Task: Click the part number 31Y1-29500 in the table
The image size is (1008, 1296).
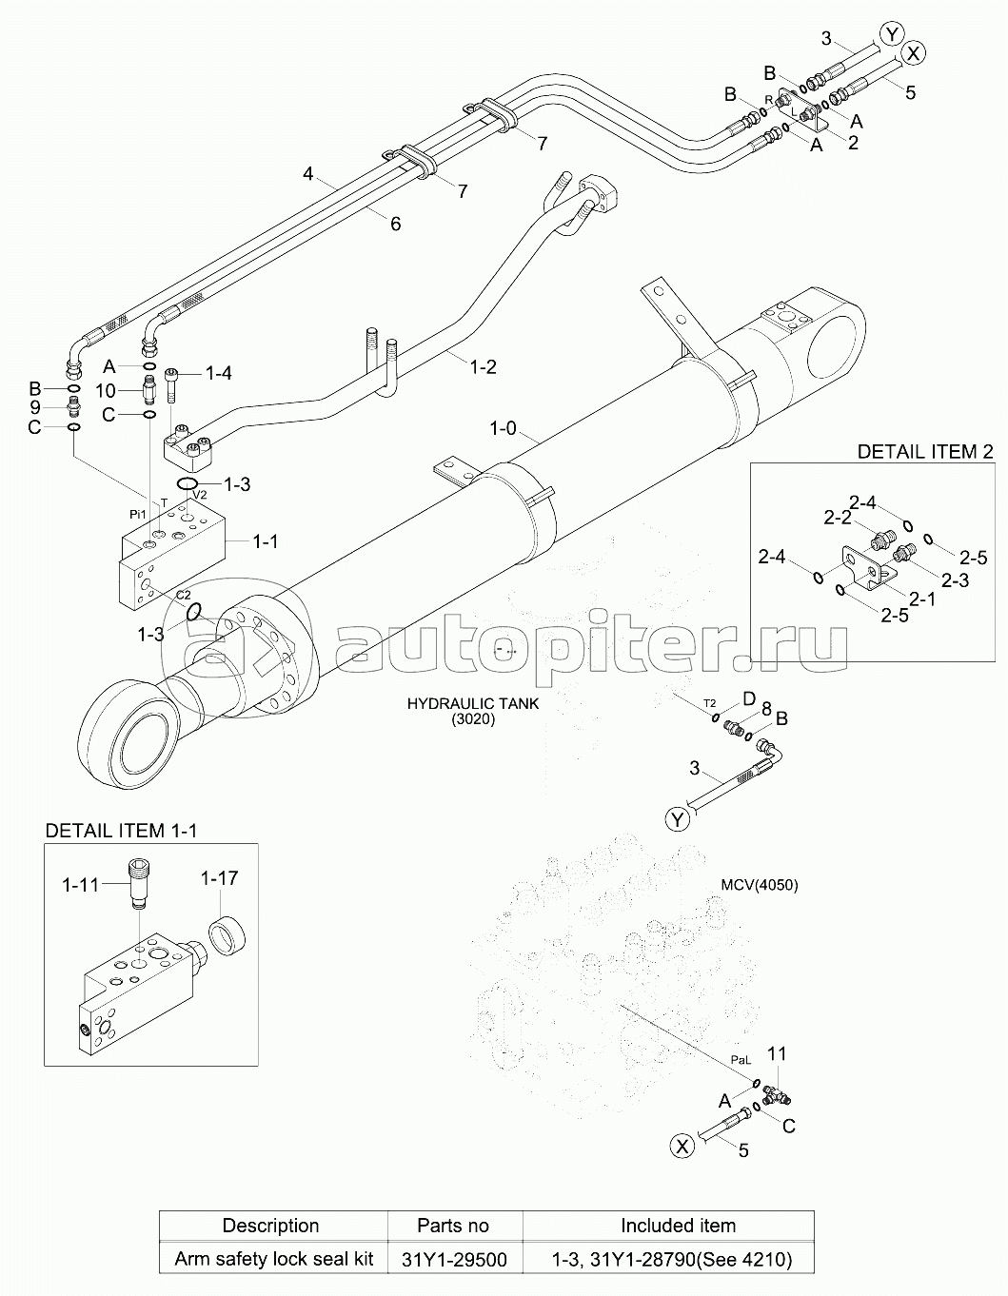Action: tap(453, 1259)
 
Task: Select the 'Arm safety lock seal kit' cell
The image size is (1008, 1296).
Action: tap(273, 1259)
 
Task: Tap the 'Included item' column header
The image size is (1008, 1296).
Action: tap(678, 1225)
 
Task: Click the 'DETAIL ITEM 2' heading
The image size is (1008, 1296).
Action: tap(925, 451)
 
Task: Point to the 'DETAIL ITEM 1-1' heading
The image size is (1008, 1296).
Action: tap(121, 831)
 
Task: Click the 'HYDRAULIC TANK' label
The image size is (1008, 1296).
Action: tap(472, 704)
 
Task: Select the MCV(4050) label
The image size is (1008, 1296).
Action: tap(759, 885)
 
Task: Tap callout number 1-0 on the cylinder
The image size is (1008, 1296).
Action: tap(503, 428)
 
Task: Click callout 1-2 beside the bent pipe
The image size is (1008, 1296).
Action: tap(484, 366)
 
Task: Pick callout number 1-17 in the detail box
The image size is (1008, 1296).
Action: tap(218, 877)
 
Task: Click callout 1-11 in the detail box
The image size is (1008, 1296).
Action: tap(80, 885)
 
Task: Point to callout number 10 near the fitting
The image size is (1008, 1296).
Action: tap(105, 391)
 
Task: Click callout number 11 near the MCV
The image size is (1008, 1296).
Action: tap(777, 1053)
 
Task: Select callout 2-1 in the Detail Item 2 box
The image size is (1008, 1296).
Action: tap(920, 599)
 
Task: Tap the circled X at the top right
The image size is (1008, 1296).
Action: tap(912, 54)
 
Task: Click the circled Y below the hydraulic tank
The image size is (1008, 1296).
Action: tap(676, 819)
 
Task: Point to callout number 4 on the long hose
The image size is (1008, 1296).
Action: tap(307, 174)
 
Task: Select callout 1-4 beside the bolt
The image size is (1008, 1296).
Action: tap(218, 374)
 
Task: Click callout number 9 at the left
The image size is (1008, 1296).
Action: tap(34, 407)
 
